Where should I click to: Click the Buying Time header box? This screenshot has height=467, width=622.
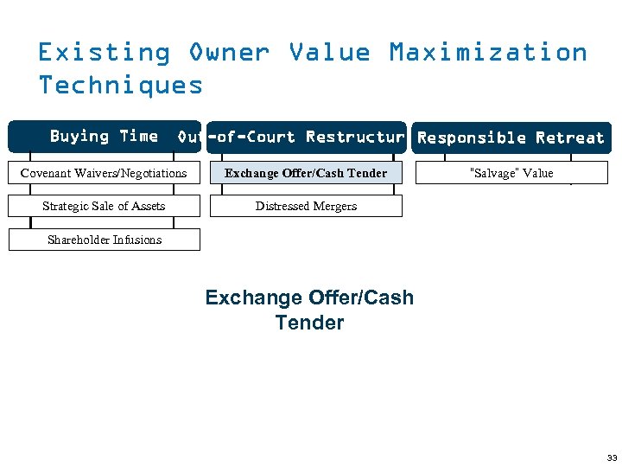coord(104,137)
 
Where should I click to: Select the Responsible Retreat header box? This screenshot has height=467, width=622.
coord(511,138)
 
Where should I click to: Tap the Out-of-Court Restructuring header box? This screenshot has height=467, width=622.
coord(306,138)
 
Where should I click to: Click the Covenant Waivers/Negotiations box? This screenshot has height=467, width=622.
coord(104,173)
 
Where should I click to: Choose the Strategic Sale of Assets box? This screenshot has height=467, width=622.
coord(104,206)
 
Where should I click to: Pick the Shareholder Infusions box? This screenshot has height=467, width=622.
coord(104,240)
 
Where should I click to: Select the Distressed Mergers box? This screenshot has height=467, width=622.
coord(306,206)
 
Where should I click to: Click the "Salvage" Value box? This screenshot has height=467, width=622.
coord(511,173)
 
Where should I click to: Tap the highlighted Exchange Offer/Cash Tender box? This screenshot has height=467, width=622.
coord(306,173)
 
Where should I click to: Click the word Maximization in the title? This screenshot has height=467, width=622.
coord(488,53)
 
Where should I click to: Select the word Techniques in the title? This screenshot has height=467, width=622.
coord(121,85)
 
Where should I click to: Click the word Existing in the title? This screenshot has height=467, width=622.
coord(104,53)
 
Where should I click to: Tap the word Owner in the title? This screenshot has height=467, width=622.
coord(229,53)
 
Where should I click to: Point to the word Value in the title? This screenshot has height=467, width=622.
coord(329,53)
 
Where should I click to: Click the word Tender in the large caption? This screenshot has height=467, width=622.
coord(309,323)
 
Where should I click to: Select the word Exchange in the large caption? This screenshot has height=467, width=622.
coord(251,297)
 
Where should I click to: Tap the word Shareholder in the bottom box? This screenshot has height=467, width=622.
coord(80,240)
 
